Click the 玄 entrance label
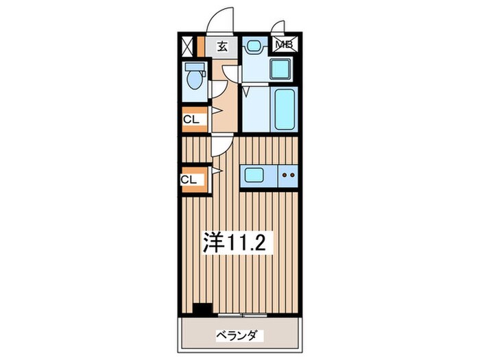[222, 47]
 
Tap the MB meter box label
[285, 45]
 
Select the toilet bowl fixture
[194, 76]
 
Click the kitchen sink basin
[254, 175]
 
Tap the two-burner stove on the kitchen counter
[288, 176]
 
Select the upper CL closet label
[191, 120]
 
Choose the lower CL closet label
[189, 180]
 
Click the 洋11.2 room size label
[235, 242]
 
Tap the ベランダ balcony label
[236, 335]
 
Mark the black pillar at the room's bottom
[203, 309]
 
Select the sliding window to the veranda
[242, 314]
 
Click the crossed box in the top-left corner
[187, 47]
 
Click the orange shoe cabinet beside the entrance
[200, 47]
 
